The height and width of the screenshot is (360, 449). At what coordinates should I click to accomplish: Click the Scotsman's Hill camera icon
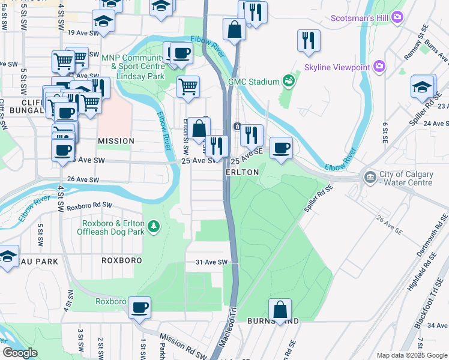(x=396, y=18)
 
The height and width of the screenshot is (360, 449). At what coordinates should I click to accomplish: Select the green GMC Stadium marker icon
(x=289, y=81)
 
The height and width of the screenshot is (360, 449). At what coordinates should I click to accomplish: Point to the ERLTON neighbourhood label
(x=242, y=172)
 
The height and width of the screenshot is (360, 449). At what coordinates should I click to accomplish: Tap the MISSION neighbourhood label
(x=116, y=141)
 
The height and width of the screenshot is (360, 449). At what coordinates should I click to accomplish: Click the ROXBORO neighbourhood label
(x=121, y=260)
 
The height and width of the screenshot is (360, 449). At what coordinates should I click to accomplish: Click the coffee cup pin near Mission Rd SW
(x=140, y=307)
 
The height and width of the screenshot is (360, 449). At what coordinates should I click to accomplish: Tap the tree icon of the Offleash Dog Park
(x=155, y=226)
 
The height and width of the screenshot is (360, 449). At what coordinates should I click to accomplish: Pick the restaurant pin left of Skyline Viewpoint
(x=309, y=40)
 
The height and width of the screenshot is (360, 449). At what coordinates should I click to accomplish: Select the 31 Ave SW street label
(x=211, y=262)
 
